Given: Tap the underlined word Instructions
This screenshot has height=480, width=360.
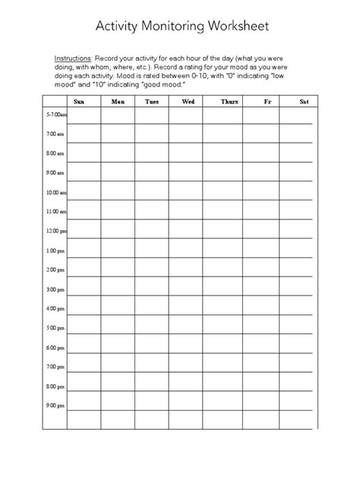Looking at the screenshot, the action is coord(72,58).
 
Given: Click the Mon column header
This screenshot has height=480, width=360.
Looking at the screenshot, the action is coord(118,100).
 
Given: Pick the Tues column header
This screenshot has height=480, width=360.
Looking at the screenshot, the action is coord(152,100).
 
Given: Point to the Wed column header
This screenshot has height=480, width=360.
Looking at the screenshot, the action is coord(187,100).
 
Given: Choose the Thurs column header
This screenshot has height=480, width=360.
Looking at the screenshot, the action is coord(229,100).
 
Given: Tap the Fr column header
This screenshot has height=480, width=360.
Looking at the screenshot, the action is coord(267,100).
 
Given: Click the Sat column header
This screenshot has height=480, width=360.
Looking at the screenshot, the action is coord(304,100).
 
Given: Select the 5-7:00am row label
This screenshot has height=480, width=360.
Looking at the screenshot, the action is coord(56,114).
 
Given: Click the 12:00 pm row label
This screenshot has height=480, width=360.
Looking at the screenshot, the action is coord(56,230).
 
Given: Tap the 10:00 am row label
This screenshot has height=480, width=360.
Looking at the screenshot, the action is coord(56,192).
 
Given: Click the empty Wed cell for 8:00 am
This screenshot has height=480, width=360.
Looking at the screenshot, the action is coord(187,153).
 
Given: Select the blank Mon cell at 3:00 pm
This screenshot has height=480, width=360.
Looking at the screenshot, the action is coord(118,289).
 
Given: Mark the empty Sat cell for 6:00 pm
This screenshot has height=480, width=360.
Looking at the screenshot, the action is coord(304,347).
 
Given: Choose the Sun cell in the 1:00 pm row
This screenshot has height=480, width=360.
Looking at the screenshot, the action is coord(84,250).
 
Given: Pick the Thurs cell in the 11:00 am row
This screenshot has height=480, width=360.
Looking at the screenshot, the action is coord(229,210).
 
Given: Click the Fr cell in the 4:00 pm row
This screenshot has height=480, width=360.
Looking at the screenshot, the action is coord(267,308).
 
